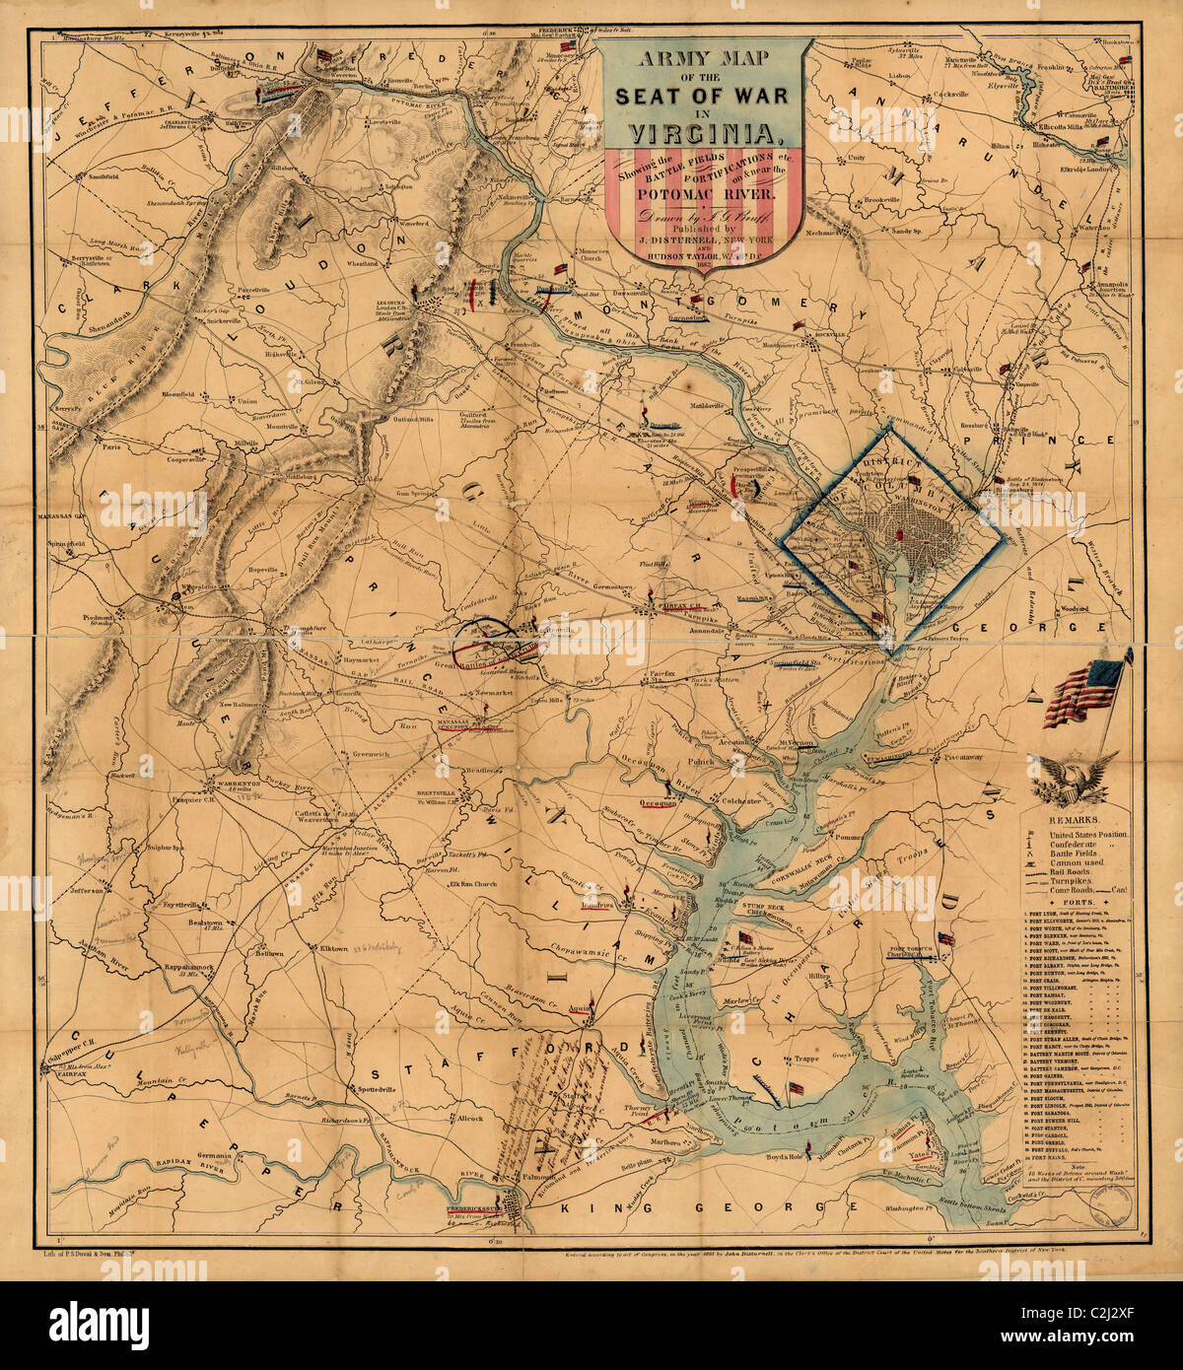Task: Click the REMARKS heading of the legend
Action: click(x=1077, y=820)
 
